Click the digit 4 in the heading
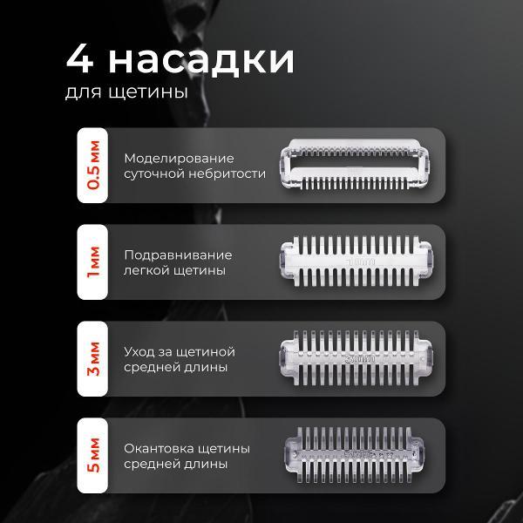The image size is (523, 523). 80,62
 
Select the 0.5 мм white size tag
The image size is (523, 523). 93,165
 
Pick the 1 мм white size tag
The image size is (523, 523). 93,261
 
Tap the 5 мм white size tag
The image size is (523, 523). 93,456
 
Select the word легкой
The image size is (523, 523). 147,271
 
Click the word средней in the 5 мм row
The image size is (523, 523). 151,465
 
